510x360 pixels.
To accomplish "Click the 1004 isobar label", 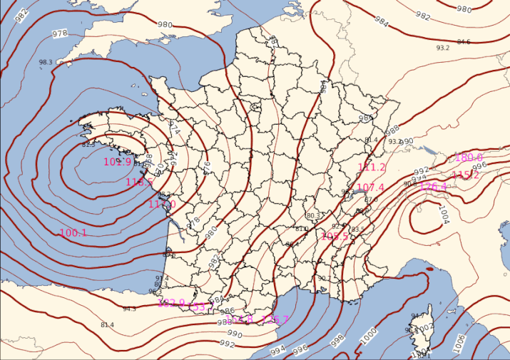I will [444, 213].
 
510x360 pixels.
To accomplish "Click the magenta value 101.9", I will [118, 162].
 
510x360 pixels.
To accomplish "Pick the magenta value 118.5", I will [139, 182].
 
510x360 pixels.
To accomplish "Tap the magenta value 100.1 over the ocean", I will [73, 233].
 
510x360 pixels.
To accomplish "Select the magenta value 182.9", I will [170, 303].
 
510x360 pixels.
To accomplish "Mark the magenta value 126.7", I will [275, 319].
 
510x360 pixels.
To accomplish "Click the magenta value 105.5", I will [335, 236].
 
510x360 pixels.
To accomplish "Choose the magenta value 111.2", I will [372, 168].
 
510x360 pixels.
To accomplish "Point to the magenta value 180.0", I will [469, 158].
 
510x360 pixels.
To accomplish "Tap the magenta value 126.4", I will [433, 187].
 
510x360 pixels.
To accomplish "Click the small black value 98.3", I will [46, 63].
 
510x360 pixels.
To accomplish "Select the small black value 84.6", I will [464, 42].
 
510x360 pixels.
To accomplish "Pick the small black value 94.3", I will [129, 309].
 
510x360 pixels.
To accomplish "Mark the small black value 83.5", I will [358, 230].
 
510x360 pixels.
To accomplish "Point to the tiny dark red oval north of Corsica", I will [429, 269].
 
